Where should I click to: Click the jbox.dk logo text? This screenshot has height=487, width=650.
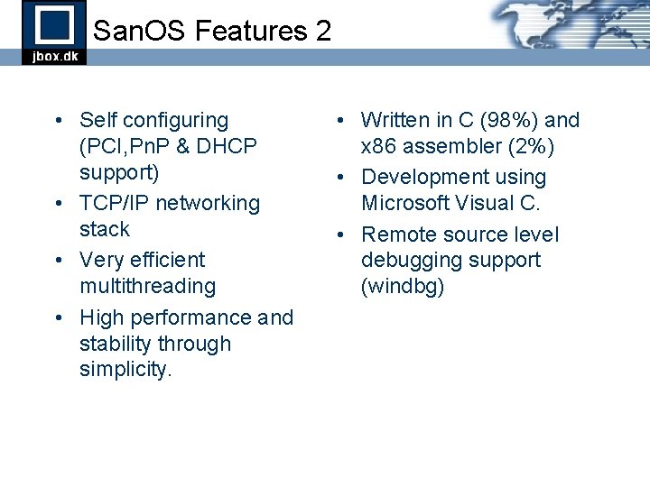coord(54,56)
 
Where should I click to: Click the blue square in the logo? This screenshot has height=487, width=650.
coord(54,24)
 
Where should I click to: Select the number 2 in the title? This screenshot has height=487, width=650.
coord(323,32)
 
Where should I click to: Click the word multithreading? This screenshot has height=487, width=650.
coord(148,287)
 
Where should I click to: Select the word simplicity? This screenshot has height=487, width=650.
coord(125,370)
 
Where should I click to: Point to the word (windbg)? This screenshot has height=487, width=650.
coord(403,287)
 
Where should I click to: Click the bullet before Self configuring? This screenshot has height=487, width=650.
coord(57,121)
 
